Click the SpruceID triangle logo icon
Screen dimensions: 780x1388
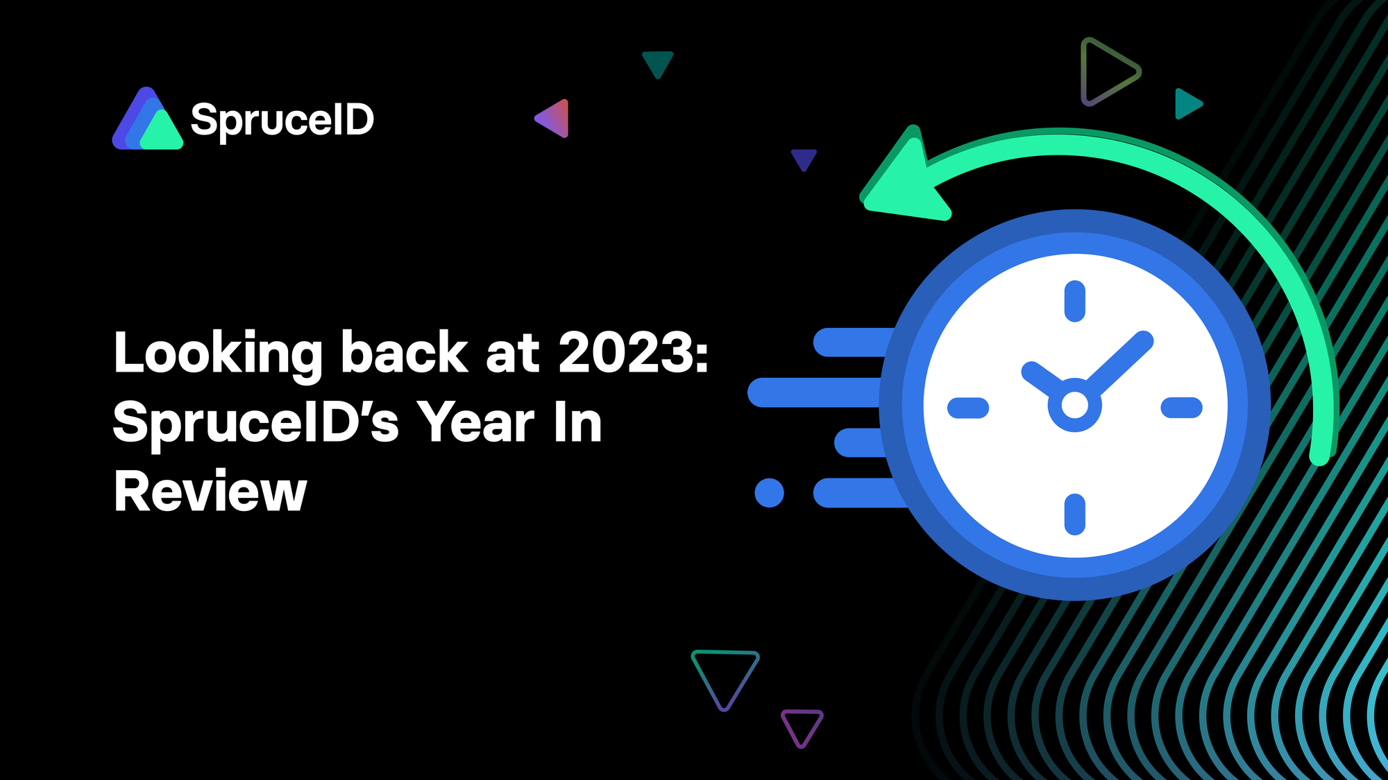coord(147,121)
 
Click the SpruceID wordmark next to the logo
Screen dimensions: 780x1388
coord(282,120)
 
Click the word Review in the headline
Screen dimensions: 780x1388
coord(210,492)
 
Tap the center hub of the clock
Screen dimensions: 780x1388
coord(1074,405)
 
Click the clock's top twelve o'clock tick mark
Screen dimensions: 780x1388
coord(1074,301)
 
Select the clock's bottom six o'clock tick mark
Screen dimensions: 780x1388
coord(1074,514)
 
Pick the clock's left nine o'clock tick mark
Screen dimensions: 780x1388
coord(967,408)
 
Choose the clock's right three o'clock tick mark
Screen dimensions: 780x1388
coord(1181,408)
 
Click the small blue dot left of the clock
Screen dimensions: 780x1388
coord(769,493)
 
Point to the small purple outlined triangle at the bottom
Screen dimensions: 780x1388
coord(802,725)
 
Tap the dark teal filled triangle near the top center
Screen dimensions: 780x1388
coord(657,62)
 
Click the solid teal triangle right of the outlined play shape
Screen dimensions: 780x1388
coord(1186,104)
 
